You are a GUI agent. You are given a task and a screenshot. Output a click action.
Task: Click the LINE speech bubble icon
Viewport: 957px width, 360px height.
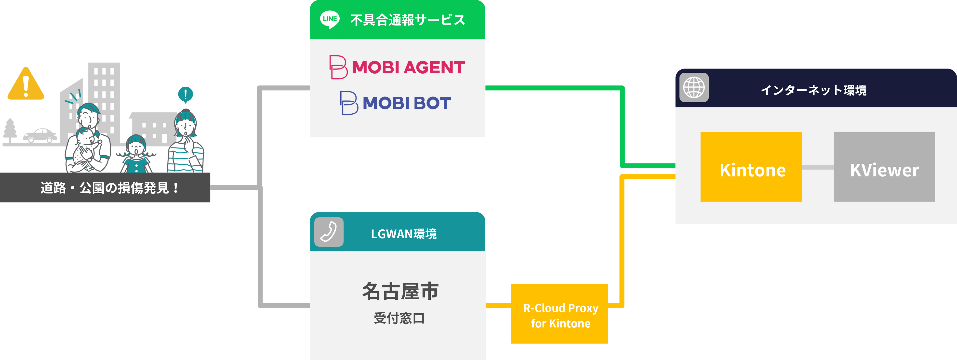click(330, 19)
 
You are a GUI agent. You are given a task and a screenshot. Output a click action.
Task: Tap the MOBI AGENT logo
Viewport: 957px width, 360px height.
click(397, 67)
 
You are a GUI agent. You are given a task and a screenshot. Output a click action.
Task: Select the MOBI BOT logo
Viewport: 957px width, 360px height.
click(396, 103)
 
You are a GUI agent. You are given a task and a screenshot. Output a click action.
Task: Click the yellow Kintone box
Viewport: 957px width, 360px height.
click(751, 167)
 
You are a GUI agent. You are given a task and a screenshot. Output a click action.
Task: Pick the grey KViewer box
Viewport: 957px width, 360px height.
click(884, 167)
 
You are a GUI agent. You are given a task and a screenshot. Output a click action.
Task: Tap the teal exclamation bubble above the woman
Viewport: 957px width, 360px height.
click(185, 94)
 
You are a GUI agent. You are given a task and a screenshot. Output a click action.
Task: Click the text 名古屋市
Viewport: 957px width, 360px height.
click(400, 291)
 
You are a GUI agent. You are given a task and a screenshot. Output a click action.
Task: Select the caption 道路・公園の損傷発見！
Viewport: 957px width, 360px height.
click(110, 188)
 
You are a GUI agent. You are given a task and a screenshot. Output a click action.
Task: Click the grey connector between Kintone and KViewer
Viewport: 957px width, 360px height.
click(818, 167)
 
